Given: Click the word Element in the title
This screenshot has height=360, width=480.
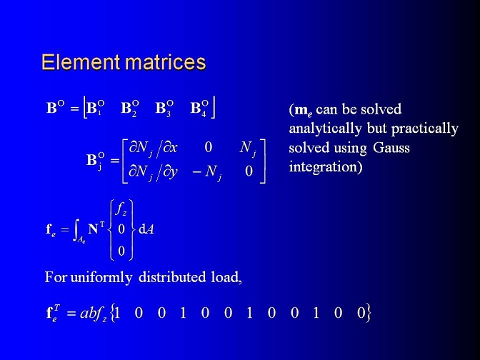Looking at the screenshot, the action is (x=81, y=62).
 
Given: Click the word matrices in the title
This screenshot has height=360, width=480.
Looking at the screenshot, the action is (x=165, y=62).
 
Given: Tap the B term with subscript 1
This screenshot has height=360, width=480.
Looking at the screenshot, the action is (x=96, y=109).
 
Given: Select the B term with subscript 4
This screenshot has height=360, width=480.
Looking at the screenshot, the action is (x=199, y=109).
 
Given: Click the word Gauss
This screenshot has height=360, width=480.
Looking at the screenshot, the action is (x=391, y=148).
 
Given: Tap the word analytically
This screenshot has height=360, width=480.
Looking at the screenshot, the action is (x=325, y=129).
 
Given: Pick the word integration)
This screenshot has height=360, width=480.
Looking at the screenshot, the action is (x=326, y=167).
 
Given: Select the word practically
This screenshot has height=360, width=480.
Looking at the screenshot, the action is (x=425, y=129).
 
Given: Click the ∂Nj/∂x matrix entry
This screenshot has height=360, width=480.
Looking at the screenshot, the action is (x=153, y=149).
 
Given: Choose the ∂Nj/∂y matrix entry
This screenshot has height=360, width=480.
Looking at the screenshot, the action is (x=153, y=172).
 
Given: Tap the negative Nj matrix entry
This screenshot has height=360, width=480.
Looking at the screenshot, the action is (x=207, y=172).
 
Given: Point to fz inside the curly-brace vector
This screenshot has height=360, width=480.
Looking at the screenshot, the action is (x=121, y=209).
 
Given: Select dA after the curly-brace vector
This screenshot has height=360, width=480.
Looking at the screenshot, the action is (x=146, y=229).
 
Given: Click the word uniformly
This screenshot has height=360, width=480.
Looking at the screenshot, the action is (x=101, y=278).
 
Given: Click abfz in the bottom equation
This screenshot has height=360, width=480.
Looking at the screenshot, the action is (x=94, y=313).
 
